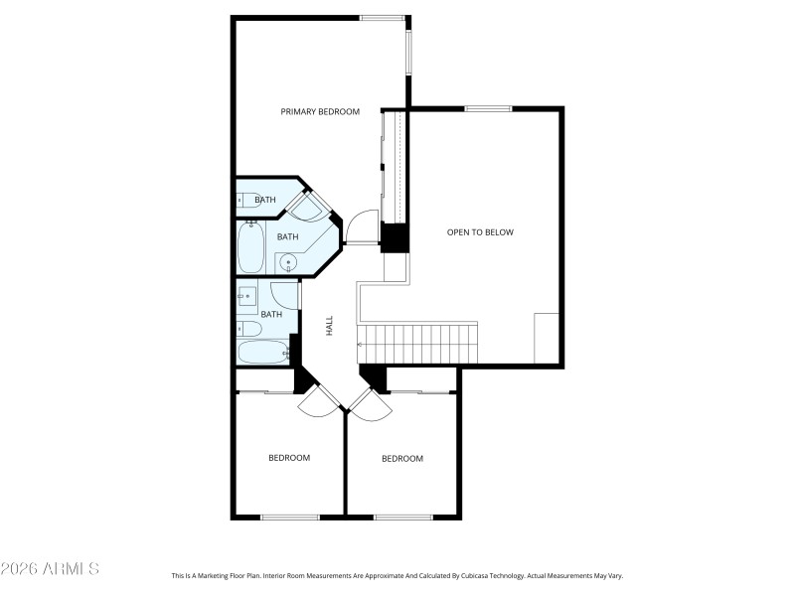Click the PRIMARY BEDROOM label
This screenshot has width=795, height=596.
pos(319,112)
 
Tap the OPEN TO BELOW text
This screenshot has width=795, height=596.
pos(480,232)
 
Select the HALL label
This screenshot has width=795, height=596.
pos(329,325)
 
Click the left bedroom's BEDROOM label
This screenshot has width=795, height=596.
pos(289,458)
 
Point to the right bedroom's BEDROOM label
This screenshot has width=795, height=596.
pos(402,459)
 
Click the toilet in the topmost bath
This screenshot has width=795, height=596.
pos(247,200)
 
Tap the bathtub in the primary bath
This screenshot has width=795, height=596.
pos(250,246)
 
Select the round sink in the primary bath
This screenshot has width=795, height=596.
pos(287,263)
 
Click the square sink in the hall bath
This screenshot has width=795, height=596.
pos(248,296)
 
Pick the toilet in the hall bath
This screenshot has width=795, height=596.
pos(248,329)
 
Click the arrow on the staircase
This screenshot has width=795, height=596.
pos(361,345)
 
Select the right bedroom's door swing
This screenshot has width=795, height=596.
pos(365,401)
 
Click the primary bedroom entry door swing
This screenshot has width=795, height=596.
pos(363,228)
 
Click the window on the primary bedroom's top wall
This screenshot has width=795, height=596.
pos(383,17)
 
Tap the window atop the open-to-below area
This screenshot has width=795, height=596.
pos(488,108)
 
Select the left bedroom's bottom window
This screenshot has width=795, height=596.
pos(290,517)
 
